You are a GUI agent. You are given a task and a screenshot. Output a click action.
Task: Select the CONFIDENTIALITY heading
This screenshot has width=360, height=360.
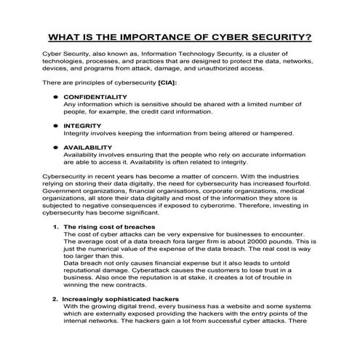[x=96, y=97]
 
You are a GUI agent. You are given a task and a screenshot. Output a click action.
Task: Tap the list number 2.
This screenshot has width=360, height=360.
[x=55, y=298]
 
